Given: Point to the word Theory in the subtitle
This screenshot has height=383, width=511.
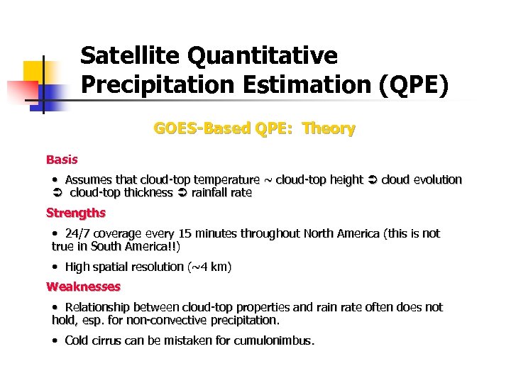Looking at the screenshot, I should (x=328, y=128).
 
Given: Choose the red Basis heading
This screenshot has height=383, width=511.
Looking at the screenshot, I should (x=62, y=160).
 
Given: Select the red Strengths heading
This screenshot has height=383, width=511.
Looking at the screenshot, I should (x=75, y=213).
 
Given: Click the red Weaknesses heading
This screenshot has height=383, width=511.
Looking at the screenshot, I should (x=83, y=287).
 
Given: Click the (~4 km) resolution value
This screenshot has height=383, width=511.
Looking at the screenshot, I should (x=209, y=267).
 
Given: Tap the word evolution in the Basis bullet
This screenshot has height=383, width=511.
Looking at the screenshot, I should (x=437, y=179).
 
